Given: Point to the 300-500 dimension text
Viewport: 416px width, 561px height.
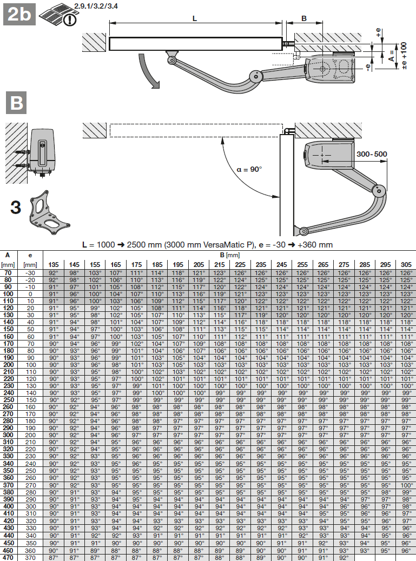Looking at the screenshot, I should [x=372, y=154].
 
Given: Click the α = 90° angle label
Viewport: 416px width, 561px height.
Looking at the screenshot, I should [x=249, y=169].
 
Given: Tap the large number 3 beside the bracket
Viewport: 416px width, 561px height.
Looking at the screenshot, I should [x=16, y=208].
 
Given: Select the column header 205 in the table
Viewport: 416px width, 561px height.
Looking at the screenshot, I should [x=198, y=264].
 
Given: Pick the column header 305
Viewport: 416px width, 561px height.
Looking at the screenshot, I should [x=405, y=264].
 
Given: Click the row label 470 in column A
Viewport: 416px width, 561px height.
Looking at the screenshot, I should [x=8, y=557].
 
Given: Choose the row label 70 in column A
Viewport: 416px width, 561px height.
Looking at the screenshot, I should [x=8, y=273].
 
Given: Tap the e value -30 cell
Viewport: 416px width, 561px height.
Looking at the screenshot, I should [x=30, y=273].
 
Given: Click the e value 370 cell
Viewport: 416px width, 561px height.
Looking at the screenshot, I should [x=30, y=557].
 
